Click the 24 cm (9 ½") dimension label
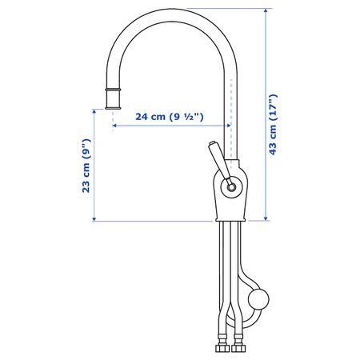click(170, 117)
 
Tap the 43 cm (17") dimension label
click(273, 125)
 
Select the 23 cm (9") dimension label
click(86, 166)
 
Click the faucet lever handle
click(218, 161)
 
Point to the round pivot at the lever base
click(231, 187)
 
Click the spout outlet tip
click(113, 108)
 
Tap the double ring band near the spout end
click(113, 90)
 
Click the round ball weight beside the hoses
click(258, 299)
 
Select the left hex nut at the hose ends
click(222, 348)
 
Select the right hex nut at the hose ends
click(238, 348)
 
